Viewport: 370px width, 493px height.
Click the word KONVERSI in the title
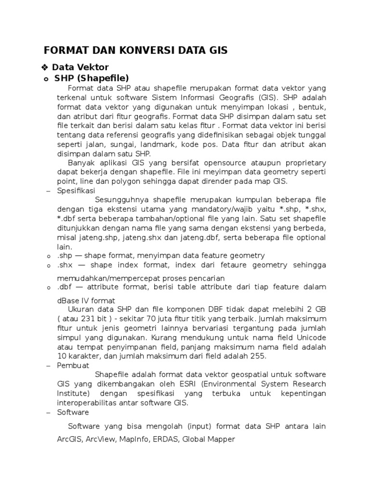130,50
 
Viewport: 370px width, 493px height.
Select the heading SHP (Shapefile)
92,78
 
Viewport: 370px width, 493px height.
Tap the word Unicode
309,337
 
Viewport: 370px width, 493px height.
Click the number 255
256,356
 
